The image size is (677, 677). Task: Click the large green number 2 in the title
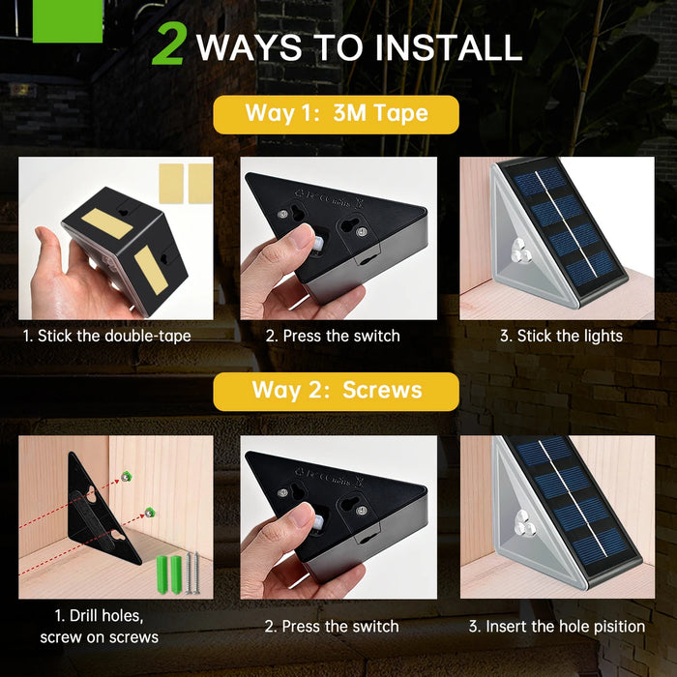coord(169,44)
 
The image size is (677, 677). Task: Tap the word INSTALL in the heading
coord(449,47)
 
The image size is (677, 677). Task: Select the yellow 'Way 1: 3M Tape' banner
coord(336,114)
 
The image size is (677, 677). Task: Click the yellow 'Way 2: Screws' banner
coord(336,391)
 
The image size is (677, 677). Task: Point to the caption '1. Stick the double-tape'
coord(106,336)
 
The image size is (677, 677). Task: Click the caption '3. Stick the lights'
coord(561,336)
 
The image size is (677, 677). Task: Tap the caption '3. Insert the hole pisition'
coord(557,627)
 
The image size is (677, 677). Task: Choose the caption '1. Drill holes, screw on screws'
coord(100,627)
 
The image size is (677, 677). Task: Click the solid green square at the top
coord(68,21)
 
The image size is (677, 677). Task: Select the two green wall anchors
coord(169,574)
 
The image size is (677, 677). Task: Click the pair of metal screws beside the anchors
coord(192,573)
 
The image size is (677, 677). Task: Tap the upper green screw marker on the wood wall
coord(126,477)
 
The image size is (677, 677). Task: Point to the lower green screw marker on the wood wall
coord(149,513)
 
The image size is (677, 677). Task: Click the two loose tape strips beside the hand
coord(186,184)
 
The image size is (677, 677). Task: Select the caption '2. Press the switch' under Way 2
coord(332,627)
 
